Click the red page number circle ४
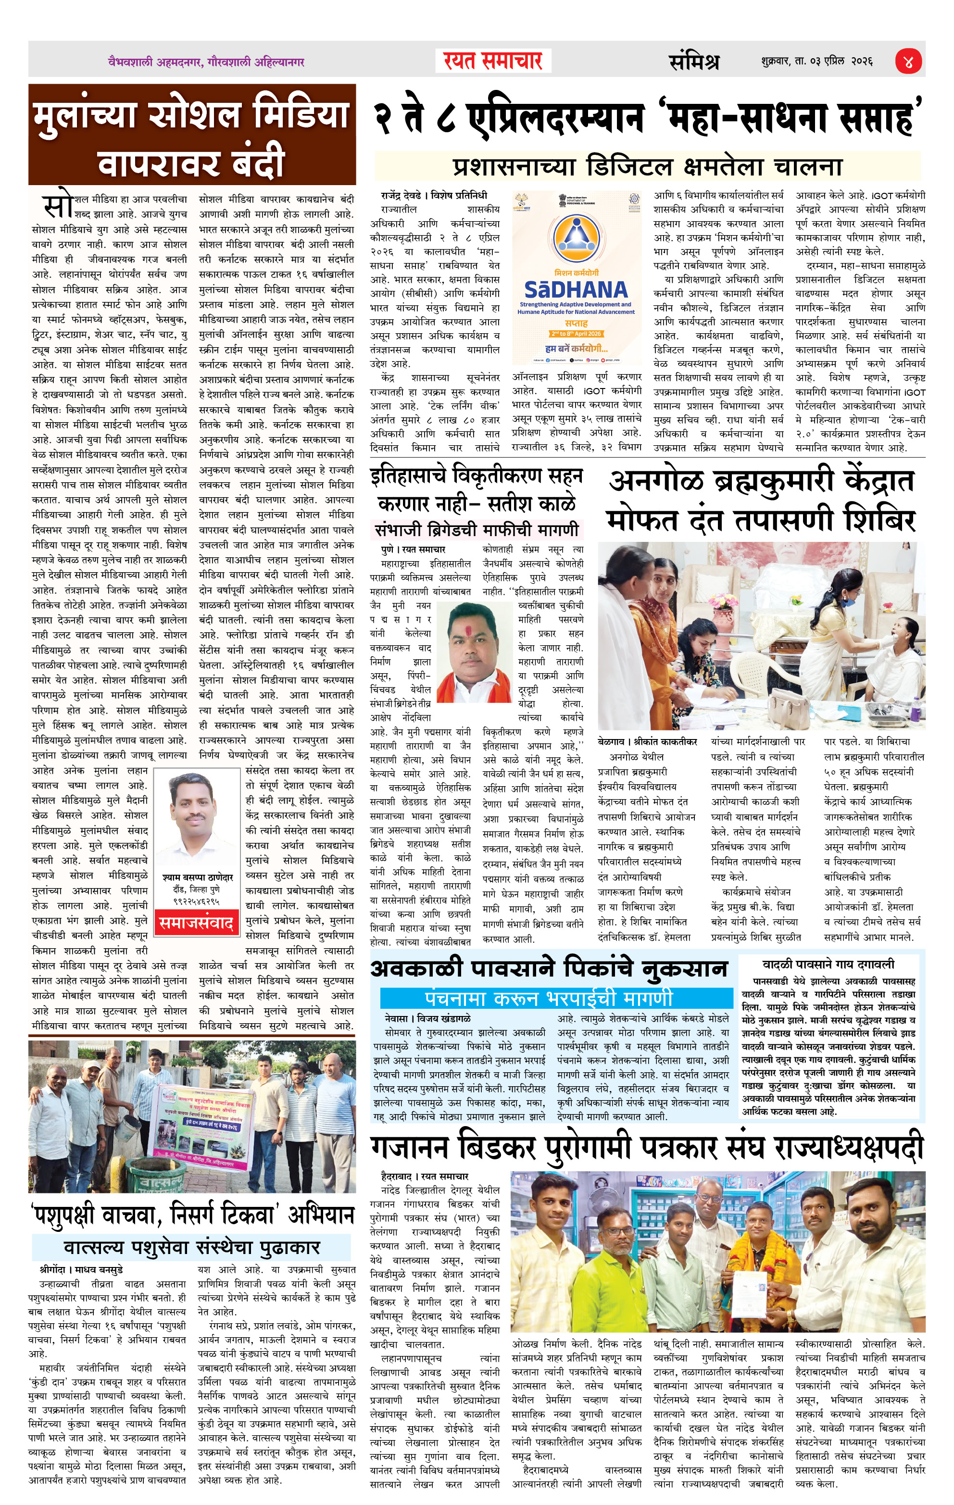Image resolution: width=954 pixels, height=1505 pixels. tap(908, 61)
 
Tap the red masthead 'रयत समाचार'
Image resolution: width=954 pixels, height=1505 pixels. tap(493, 61)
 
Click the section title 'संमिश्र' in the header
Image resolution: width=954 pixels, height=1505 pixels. tap(694, 61)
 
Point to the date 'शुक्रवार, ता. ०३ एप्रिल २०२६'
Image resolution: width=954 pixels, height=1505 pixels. tap(816, 61)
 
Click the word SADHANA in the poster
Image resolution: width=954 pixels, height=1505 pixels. tap(575, 290)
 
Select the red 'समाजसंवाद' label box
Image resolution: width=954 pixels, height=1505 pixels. tap(196, 923)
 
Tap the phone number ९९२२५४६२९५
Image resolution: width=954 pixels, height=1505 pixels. tap(196, 901)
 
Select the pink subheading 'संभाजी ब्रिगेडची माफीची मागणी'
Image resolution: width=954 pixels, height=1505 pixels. tap(477, 530)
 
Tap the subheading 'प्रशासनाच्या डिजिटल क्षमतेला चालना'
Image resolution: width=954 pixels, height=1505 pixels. tap(647, 167)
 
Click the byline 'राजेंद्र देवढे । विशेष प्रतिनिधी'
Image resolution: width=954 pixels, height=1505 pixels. tap(434, 195)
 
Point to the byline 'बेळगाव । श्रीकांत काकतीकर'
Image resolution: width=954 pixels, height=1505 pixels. tap(647, 742)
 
